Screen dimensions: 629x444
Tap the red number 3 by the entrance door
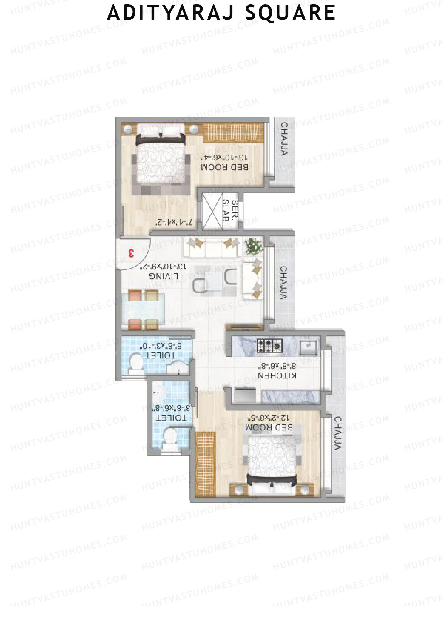click(131, 254)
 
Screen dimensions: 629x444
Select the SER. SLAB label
click(230, 211)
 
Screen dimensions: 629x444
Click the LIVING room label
click(164, 276)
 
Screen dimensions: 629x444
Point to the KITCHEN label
click(277, 375)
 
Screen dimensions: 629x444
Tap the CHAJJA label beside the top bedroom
click(284, 139)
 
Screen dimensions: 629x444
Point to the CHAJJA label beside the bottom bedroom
click(337, 433)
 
